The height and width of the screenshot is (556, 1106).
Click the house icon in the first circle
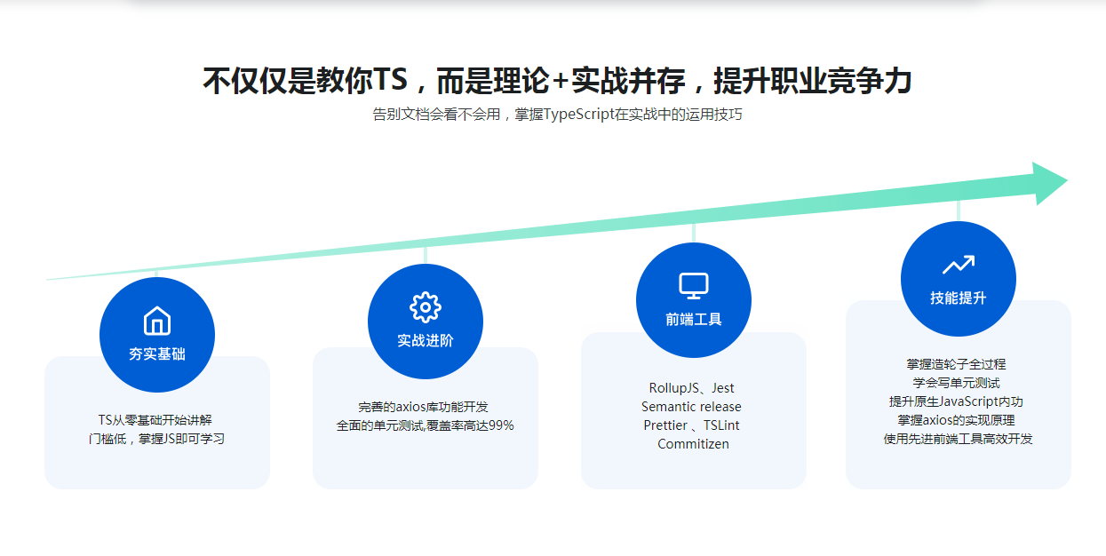coord(157,321)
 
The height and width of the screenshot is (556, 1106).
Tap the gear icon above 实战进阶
coord(426,307)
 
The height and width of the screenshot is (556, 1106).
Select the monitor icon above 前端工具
coord(694,286)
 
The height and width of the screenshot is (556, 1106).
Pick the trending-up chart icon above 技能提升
coord(959,265)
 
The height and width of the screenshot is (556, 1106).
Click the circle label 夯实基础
coord(157,353)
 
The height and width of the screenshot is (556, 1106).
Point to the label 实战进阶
coord(426,341)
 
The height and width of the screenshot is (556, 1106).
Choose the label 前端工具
coord(694,320)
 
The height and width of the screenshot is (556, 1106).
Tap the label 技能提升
coord(959,298)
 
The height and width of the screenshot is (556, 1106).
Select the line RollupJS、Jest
coord(692,388)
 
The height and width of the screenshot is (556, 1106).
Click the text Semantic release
coord(691,407)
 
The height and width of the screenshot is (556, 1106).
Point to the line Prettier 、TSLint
coord(691,425)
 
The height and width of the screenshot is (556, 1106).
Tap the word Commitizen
coord(693,444)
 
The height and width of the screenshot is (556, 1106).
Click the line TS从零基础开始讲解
coord(155,420)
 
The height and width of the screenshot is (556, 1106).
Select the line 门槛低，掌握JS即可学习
coord(156,439)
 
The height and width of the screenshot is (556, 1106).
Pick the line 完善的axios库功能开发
coord(424,407)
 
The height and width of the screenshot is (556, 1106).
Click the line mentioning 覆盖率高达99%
coord(425,425)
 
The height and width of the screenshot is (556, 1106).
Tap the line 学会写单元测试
coord(957,383)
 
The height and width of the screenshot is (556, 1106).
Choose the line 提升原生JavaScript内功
coord(957,401)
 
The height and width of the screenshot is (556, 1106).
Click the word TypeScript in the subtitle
coord(577,115)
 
